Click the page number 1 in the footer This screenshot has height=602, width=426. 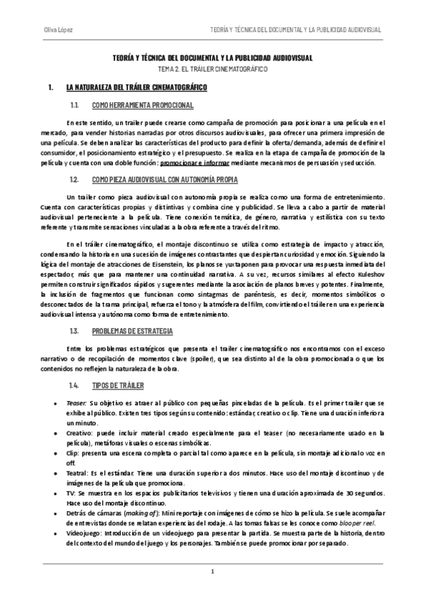coord(212,571)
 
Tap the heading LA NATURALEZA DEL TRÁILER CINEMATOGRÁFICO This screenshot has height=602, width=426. coord(136,87)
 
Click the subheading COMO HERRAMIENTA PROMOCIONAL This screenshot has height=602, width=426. coord(142,105)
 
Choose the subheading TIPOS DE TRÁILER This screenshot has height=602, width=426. coord(118,385)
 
